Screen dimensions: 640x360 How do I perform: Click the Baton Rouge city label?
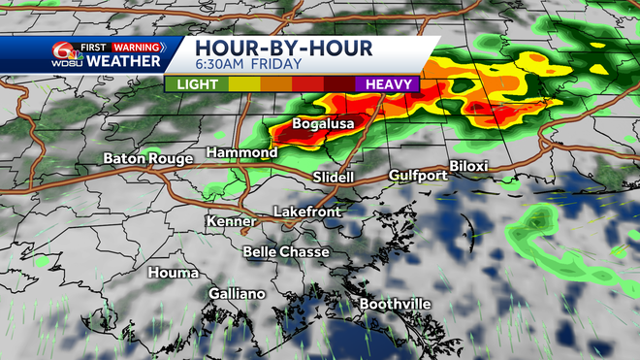[149, 158]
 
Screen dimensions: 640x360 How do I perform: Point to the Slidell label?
[334, 178]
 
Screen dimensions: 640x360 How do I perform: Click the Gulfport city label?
[418, 176]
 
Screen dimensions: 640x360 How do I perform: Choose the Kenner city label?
[230, 222]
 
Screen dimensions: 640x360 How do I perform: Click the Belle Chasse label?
[286, 251]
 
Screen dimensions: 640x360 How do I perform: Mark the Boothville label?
[396, 305]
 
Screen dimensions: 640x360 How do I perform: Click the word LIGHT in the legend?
[198, 83]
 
